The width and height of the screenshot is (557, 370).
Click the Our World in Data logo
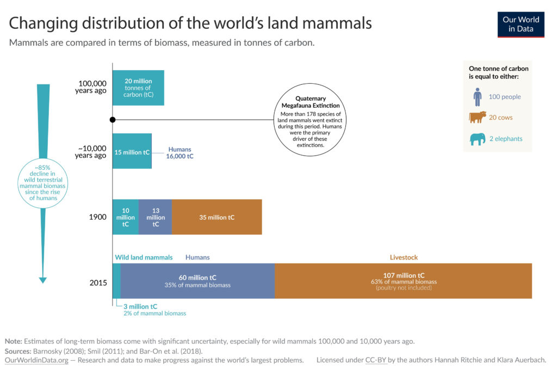(521, 24)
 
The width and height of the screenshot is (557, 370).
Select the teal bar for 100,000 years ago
(138, 88)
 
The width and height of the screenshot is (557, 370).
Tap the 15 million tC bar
(132, 152)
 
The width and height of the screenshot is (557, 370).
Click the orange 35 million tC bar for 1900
(216, 217)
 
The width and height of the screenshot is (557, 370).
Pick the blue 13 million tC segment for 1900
(155, 217)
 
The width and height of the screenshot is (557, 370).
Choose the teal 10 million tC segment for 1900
(125, 217)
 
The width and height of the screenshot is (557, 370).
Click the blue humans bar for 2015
(197, 281)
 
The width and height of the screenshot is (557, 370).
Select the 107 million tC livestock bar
(403, 281)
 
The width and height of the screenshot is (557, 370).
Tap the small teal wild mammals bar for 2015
(116, 281)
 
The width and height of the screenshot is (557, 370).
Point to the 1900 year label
(97, 217)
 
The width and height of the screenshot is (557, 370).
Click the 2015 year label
(98, 283)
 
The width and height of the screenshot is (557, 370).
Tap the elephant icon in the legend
(477, 139)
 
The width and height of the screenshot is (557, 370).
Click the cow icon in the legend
(477, 117)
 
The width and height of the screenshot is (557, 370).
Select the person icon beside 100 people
(477, 97)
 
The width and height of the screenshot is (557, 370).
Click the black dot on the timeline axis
(113, 119)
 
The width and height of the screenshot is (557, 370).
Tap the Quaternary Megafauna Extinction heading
(310, 102)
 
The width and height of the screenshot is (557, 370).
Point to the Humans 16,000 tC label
(180, 152)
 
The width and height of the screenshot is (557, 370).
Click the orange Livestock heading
(404, 257)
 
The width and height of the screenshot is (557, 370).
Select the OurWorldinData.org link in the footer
(36, 360)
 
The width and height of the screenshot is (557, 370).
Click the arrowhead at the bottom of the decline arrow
(42, 280)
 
